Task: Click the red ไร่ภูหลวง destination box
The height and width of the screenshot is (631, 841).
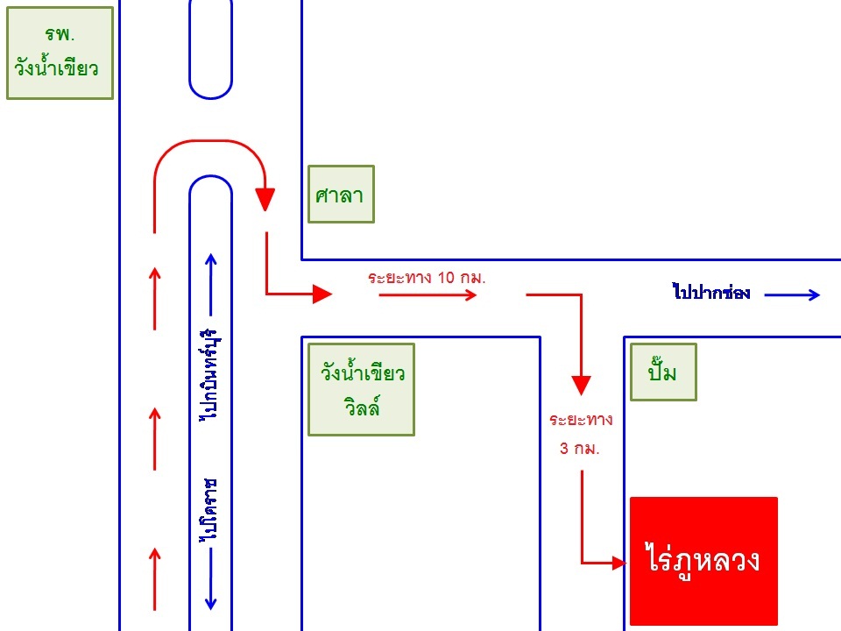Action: coord(703,561)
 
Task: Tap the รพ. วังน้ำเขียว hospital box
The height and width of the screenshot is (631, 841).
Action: coord(60,53)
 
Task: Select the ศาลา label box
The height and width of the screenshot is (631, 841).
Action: coord(341,194)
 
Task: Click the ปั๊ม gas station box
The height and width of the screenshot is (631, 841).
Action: coord(663,372)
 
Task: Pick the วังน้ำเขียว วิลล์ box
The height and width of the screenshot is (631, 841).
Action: coord(361,389)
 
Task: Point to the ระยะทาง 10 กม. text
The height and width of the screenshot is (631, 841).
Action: coord(427,277)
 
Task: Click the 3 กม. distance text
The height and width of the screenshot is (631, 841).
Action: coord(580,448)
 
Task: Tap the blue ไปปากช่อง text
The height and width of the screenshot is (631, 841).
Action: coord(711,294)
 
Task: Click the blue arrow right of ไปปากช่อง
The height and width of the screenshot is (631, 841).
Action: coord(792,294)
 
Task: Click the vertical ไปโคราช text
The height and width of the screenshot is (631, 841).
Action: coord(209,512)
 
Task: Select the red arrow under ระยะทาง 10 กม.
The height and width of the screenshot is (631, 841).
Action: coord(428,295)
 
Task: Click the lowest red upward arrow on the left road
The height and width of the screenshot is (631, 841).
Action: coord(155,578)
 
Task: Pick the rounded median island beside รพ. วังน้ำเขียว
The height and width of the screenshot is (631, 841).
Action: coord(210,48)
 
